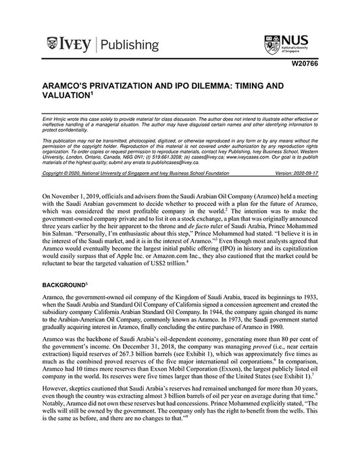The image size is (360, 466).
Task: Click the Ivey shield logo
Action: click(53, 45)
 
